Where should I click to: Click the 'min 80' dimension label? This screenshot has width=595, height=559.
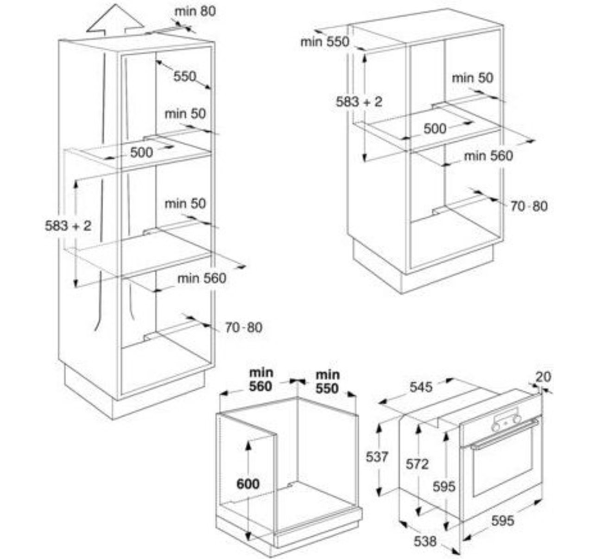click(195, 12)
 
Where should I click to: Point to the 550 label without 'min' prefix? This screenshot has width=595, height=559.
click(185, 76)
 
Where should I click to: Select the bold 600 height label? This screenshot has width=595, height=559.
click(248, 484)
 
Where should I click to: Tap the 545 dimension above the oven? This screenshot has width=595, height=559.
click(421, 387)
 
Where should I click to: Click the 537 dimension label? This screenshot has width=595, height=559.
click(377, 457)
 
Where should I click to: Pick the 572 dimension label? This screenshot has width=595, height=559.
click(417, 464)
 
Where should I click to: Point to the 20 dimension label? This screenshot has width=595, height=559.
click(543, 377)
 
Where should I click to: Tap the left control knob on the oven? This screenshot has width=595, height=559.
click(496, 427)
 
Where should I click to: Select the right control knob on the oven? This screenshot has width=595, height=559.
click(517, 419)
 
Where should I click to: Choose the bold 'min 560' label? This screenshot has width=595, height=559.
click(261, 380)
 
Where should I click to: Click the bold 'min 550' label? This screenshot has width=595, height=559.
click(327, 381)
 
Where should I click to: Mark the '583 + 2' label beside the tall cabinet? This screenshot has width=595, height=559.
click(68, 226)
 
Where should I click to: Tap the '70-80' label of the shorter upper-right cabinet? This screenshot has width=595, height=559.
click(529, 206)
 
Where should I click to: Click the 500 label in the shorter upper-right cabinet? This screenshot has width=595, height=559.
click(435, 129)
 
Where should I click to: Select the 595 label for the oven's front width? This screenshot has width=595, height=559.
click(503, 521)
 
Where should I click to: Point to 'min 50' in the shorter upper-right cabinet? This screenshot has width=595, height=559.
click(473, 78)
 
